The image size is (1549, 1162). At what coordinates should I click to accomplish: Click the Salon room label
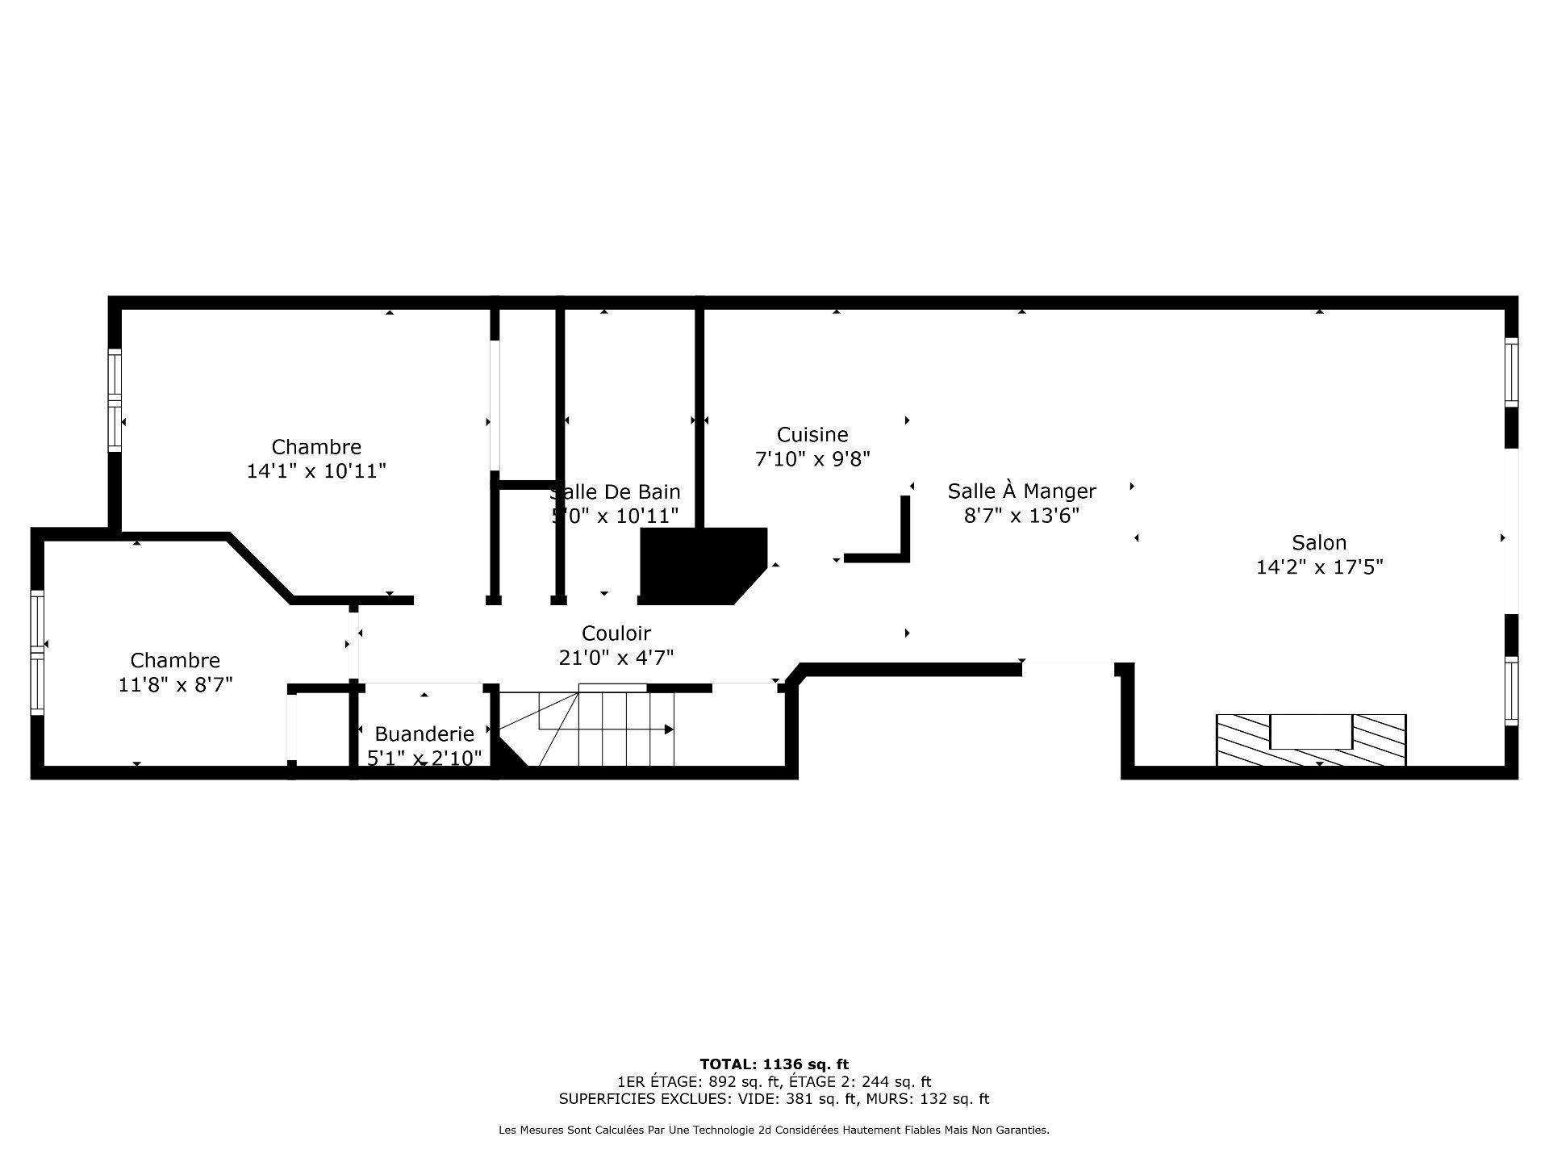pos(1319,542)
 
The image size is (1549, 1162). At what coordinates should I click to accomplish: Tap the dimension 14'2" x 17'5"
pos(1319,567)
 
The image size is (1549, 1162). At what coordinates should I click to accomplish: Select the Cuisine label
pos(812,435)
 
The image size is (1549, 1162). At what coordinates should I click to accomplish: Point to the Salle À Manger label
pos(1021,491)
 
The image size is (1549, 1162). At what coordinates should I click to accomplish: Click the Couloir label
pos(616,633)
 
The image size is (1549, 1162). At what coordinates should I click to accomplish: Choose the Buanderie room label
pos(424,734)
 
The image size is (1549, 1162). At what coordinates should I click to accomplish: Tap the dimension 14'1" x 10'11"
pos(316,471)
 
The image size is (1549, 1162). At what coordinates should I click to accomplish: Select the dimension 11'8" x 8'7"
pos(175,685)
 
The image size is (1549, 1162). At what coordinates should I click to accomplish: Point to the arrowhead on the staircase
pos(669,729)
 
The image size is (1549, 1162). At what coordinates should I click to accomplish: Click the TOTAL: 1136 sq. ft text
pos(774,1064)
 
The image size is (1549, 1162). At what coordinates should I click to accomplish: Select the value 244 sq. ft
pos(896,1082)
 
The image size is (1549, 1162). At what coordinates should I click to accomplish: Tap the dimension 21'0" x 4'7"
pos(616,658)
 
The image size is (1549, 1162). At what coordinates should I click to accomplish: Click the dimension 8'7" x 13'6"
pos(1021,516)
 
